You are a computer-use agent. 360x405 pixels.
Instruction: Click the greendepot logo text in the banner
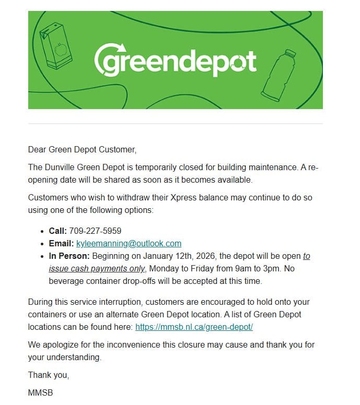click(175, 62)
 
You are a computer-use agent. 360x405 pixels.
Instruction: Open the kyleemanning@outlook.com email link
click(129, 243)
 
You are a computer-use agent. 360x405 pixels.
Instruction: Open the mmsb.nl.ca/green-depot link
click(194, 327)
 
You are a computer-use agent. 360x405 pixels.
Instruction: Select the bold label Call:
click(58, 230)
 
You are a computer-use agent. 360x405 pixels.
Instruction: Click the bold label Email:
click(61, 243)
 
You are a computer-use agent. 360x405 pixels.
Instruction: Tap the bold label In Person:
click(69, 256)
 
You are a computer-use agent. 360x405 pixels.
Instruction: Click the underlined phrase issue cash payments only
click(97, 269)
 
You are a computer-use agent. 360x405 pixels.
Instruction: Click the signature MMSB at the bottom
click(40, 392)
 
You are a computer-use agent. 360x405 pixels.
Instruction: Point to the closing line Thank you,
click(49, 375)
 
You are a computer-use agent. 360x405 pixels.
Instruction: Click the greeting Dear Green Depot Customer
click(82, 150)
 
